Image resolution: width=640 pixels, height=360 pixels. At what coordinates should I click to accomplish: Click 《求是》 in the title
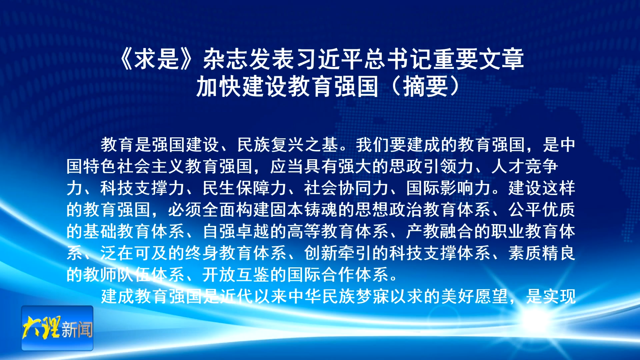tap(157, 59)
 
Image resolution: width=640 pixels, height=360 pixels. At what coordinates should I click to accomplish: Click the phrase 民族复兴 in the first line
tap(271, 145)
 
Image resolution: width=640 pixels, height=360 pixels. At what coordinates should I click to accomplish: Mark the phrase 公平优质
tap(542, 210)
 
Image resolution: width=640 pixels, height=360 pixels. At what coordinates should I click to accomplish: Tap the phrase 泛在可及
tap(134, 253)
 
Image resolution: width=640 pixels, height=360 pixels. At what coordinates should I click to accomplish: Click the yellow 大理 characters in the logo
tap(42, 327)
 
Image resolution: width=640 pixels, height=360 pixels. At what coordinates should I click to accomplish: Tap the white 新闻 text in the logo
tap(77, 329)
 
